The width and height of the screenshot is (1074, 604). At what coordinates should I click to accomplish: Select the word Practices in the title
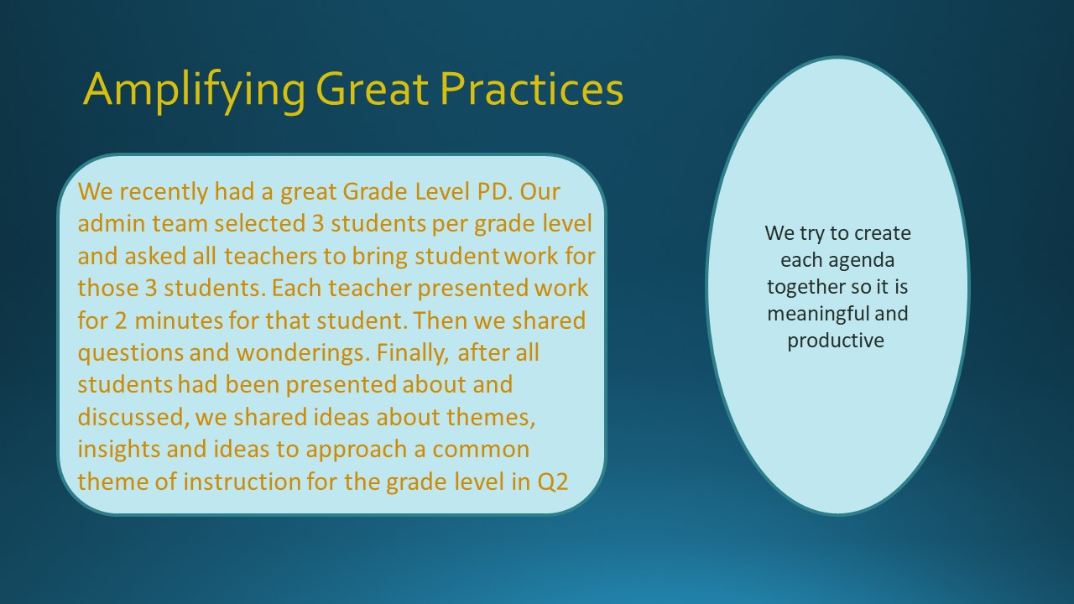click(532, 89)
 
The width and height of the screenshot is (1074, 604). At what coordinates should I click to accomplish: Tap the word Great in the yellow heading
click(372, 89)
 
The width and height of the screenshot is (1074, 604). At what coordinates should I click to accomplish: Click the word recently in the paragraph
click(164, 192)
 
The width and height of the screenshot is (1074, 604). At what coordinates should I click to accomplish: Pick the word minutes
click(179, 320)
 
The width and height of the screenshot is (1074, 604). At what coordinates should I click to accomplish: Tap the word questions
click(130, 353)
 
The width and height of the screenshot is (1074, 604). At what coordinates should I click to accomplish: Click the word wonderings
click(303, 353)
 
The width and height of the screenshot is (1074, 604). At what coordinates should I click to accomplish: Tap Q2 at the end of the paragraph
click(552, 482)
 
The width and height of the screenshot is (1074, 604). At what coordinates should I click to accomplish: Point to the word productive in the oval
click(836, 341)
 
